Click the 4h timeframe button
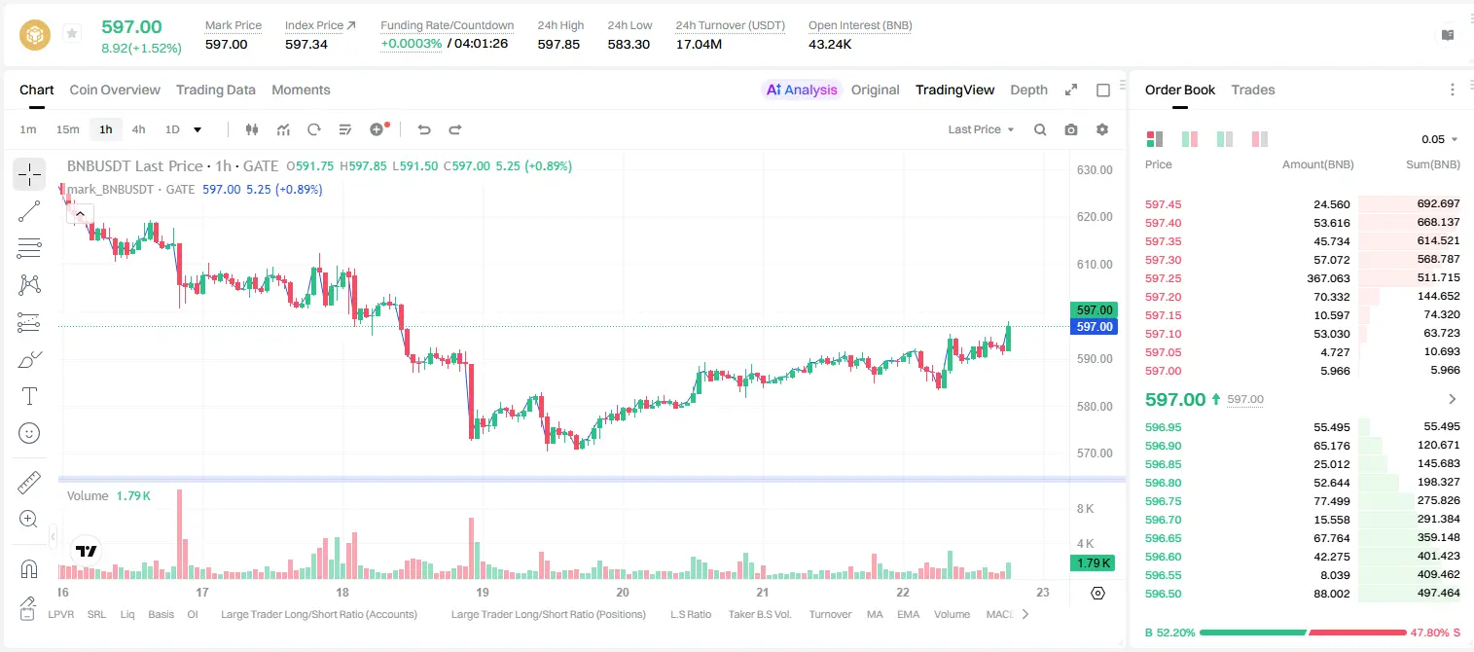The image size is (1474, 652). click(x=138, y=129)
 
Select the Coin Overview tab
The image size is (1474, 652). click(x=115, y=90)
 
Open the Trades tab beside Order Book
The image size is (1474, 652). click(x=1253, y=90)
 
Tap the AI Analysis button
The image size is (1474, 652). click(x=802, y=90)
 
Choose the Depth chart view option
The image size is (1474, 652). click(x=1028, y=90)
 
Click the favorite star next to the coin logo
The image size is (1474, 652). click(x=72, y=33)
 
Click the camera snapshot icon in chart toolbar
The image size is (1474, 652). click(x=1071, y=129)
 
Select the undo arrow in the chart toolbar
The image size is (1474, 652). click(x=424, y=129)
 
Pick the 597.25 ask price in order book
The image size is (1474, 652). click(x=1163, y=278)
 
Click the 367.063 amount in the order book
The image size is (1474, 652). click(x=1328, y=278)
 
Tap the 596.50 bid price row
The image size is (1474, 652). click(x=1163, y=594)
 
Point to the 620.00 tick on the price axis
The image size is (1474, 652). click(x=1095, y=216)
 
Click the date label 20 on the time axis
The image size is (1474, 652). click(x=623, y=592)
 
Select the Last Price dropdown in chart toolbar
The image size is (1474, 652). click(x=981, y=129)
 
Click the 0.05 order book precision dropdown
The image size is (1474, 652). click(x=1439, y=139)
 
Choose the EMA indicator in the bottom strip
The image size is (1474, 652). click(x=908, y=614)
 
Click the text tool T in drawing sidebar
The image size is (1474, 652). click(x=29, y=396)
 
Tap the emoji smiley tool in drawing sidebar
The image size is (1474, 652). click(x=29, y=433)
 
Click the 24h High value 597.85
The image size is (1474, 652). click(x=558, y=44)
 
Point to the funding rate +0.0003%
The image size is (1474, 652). click(x=412, y=44)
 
